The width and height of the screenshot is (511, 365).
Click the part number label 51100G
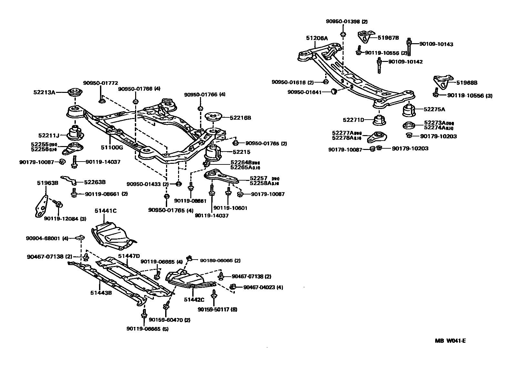click(112, 148)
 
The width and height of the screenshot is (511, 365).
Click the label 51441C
click(105, 211)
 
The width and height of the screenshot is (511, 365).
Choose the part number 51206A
click(317, 38)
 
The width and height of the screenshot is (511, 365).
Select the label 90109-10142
click(405, 62)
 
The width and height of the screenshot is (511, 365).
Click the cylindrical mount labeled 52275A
click(409, 110)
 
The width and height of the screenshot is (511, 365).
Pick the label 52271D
click(353, 120)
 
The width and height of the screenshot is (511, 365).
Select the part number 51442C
click(194, 300)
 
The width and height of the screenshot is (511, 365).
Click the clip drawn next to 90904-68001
click(80, 238)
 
